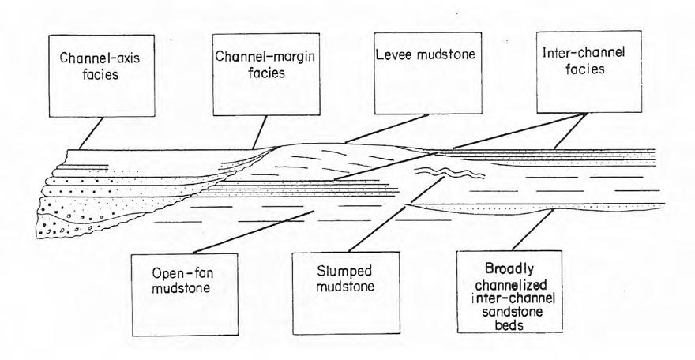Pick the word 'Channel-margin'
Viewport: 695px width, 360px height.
coord(250,57)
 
